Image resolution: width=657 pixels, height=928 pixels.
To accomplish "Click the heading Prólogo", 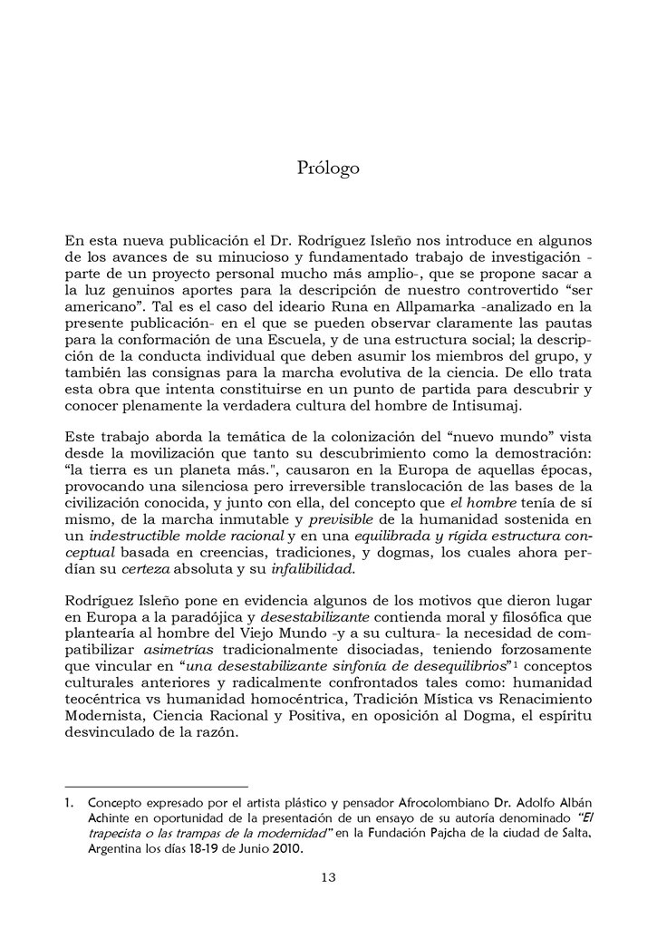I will (x=328, y=169).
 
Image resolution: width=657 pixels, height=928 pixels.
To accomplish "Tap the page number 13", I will (x=329, y=876).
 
